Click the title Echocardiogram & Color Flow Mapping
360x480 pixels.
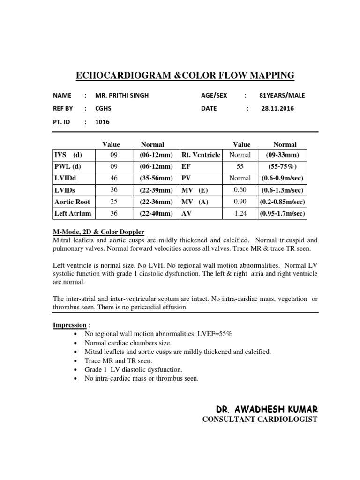[185, 75]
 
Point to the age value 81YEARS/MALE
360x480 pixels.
[282, 95]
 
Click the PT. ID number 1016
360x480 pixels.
[102, 122]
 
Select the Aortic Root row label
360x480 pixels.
[72, 202]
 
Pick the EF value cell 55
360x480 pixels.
[240, 166]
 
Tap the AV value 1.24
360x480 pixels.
[240, 214]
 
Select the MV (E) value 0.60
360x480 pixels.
[240, 190]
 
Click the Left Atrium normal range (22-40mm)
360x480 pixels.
[156, 214]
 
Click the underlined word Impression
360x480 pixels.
[69, 325]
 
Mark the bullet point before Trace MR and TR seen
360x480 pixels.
[76, 360]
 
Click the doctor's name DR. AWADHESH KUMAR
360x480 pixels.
[259, 409]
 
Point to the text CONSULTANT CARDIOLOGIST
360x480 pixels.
[259, 419]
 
